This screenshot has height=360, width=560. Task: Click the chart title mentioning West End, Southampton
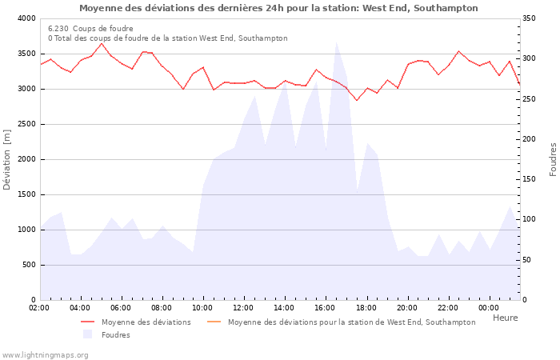(x=278, y=8)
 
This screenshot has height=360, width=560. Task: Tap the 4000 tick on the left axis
(x=26, y=18)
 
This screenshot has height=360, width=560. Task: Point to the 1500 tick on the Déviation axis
(x=26, y=194)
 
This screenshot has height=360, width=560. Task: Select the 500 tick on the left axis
(x=29, y=265)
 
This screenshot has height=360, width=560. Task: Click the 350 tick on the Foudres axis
(x=531, y=18)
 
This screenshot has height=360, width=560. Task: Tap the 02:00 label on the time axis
(x=39, y=308)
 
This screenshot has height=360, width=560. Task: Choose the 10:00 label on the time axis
(x=202, y=308)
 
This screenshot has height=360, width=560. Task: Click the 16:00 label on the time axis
(x=325, y=308)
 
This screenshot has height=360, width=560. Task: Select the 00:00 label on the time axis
(x=488, y=308)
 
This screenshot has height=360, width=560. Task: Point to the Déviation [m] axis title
(x=8, y=159)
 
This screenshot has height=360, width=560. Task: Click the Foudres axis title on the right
(x=553, y=159)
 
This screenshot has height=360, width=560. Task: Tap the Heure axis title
(x=505, y=318)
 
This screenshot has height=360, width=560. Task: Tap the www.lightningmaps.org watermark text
(x=45, y=355)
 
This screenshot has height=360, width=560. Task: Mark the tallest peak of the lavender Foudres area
(x=337, y=42)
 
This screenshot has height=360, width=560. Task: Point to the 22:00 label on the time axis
(x=447, y=308)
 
